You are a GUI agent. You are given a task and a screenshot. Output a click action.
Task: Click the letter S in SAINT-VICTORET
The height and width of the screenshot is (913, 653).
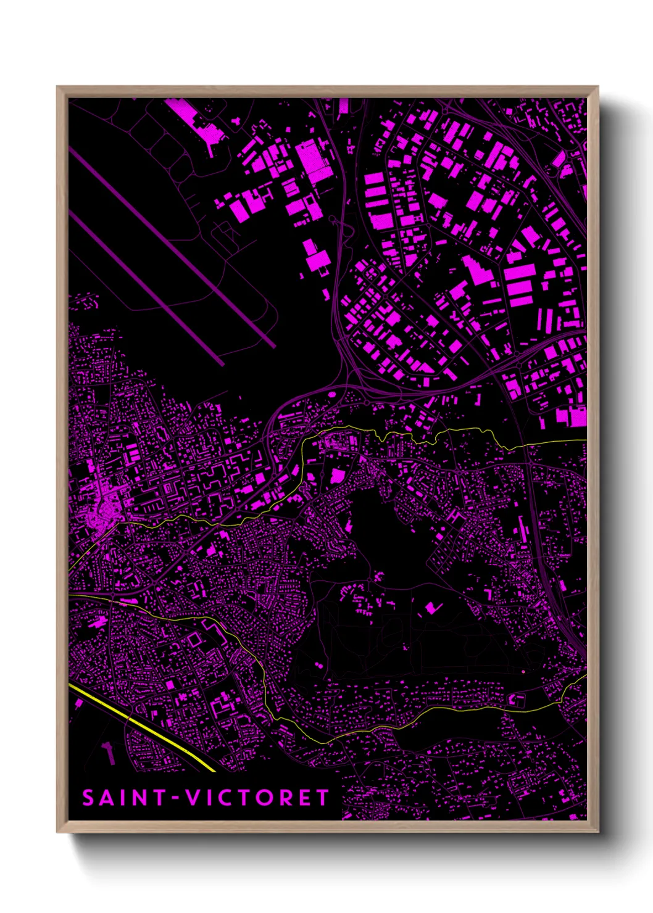point(88,798)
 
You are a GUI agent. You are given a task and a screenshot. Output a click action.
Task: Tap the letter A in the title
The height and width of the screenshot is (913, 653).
point(107,798)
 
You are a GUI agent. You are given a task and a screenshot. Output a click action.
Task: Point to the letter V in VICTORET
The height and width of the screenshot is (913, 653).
point(194,798)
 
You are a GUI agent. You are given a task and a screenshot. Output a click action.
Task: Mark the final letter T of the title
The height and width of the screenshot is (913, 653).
point(323,798)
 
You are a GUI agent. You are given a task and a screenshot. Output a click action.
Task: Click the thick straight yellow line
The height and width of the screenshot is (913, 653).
point(142,728)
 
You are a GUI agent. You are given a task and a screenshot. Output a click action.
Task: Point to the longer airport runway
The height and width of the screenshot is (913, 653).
point(173,247)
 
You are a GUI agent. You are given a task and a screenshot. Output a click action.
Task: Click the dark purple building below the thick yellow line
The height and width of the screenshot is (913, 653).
point(109,752)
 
